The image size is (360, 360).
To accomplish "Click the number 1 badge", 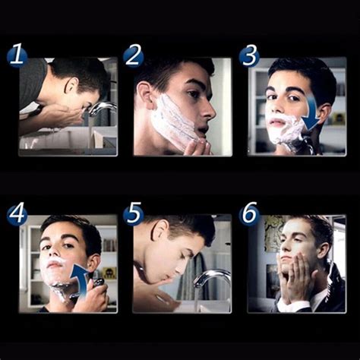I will (x=17, y=56).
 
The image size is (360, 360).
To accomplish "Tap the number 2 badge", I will (x=133, y=56).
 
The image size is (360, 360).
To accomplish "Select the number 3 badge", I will (x=249, y=56).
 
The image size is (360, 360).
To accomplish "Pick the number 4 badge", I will (x=17, y=215).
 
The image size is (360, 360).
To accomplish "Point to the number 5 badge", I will (x=133, y=215).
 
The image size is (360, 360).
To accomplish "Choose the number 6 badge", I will (x=249, y=215).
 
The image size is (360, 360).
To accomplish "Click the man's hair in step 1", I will (x=80, y=72).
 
